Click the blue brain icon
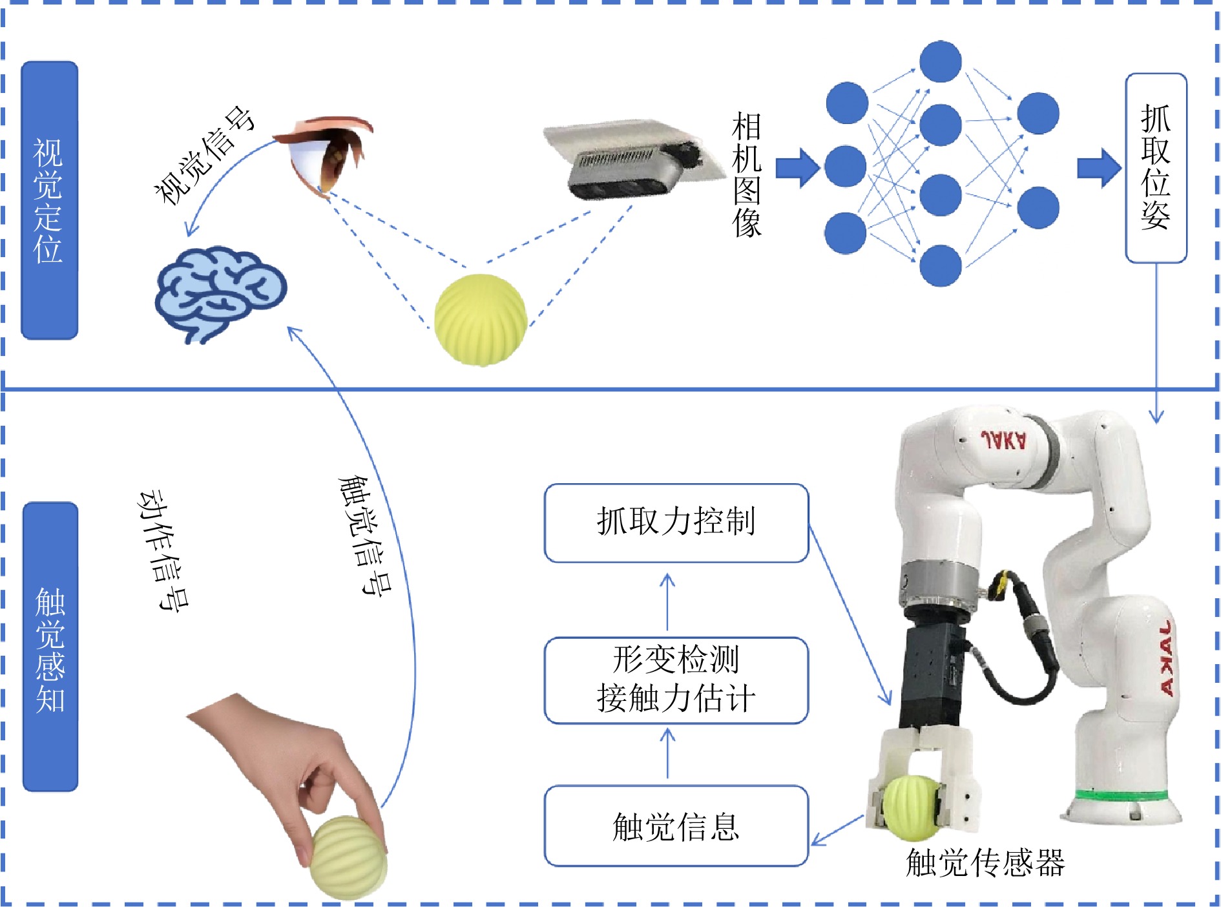click(x=220, y=294)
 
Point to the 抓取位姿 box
click(x=1156, y=168)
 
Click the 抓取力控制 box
click(x=676, y=523)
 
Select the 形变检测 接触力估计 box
click(x=676, y=680)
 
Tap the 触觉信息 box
click(x=676, y=826)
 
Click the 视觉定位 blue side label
click(x=49, y=200)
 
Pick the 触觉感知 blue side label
click(x=50, y=647)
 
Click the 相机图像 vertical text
click(x=746, y=174)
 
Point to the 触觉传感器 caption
click(x=985, y=862)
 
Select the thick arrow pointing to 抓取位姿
click(x=1099, y=168)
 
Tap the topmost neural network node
click(x=940, y=61)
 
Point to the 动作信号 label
click(x=164, y=549)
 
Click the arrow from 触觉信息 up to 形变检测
click(x=667, y=753)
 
